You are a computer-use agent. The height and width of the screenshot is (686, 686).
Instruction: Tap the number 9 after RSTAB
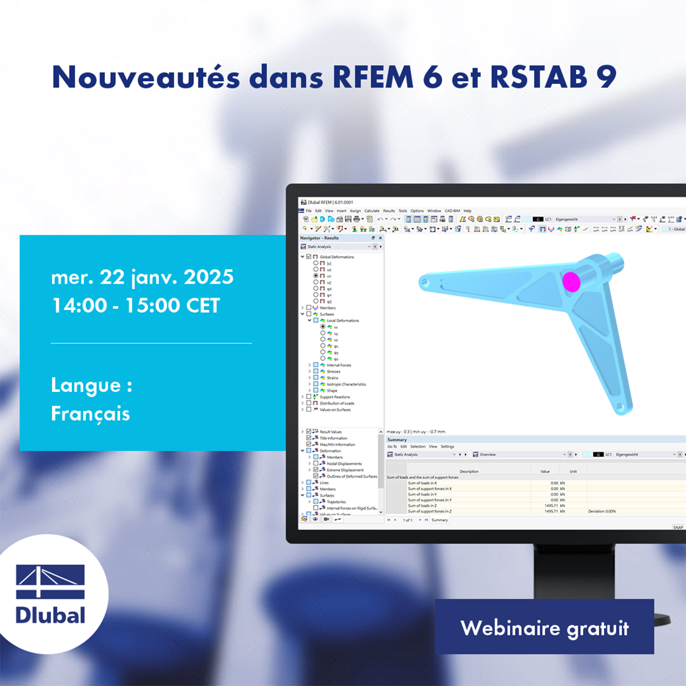click(x=606, y=77)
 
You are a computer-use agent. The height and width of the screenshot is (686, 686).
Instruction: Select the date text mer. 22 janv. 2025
click(x=142, y=277)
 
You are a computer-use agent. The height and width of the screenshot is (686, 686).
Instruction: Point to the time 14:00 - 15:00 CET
click(x=135, y=306)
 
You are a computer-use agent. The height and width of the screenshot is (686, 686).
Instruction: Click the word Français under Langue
click(x=90, y=414)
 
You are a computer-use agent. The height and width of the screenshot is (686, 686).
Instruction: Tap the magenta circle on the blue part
click(x=571, y=282)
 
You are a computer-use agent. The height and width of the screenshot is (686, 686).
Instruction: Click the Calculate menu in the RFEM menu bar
click(x=372, y=210)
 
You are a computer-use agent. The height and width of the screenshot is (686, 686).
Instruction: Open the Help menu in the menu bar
click(x=467, y=210)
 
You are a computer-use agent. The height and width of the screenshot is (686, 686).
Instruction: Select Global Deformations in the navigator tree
click(x=336, y=257)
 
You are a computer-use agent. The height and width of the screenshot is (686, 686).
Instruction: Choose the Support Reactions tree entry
click(x=334, y=397)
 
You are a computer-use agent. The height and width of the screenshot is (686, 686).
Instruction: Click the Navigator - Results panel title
click(x=319, y=238)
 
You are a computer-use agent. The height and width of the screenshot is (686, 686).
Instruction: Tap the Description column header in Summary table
click(x=469, y=472)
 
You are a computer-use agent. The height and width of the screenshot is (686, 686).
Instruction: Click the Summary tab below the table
click(x=439, y=520)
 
